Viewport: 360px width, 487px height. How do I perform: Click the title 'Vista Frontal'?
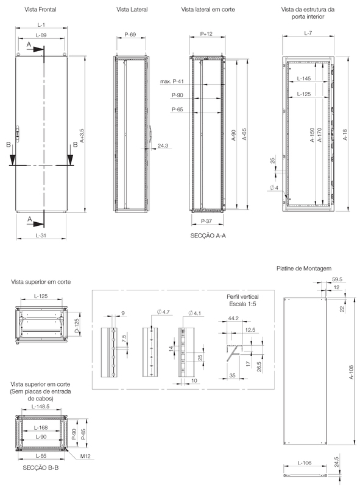40,10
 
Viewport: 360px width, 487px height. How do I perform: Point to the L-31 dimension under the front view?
41,235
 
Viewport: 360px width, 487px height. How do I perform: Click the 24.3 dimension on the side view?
163,146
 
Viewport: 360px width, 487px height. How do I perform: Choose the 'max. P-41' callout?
172,81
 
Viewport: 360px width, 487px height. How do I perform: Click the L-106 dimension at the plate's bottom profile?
304,463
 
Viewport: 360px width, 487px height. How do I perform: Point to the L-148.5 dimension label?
40,405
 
